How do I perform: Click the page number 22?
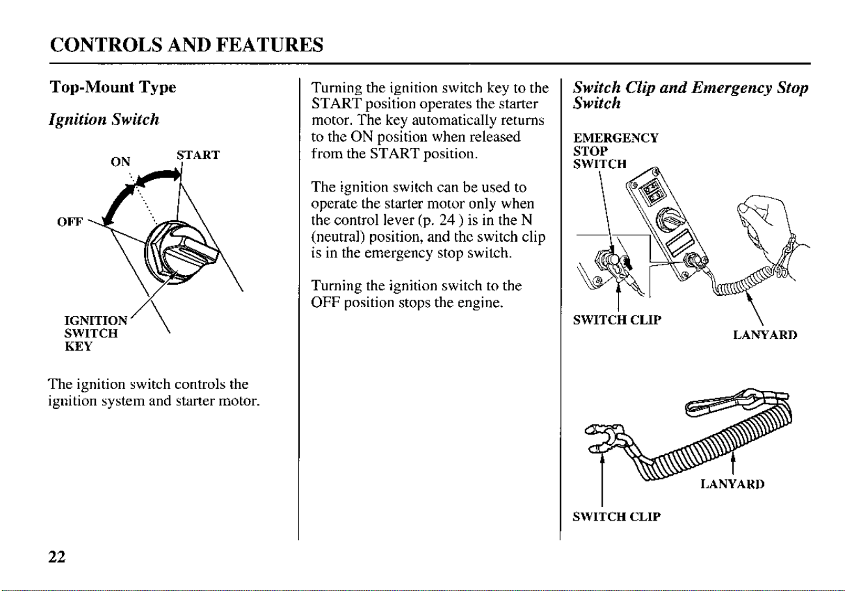57,556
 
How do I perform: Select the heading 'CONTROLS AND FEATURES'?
187,45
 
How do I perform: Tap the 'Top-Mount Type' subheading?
113,87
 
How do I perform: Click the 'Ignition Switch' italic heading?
104,120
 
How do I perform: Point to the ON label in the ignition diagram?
121,162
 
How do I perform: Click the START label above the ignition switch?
198,155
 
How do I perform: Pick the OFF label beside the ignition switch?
70,222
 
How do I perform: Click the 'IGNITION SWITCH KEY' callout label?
96,334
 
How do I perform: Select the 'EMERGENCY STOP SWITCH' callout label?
616,151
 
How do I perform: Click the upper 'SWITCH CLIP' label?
617,320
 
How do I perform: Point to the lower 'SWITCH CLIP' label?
617,517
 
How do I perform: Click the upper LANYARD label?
766,335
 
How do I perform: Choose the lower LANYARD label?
732,484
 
